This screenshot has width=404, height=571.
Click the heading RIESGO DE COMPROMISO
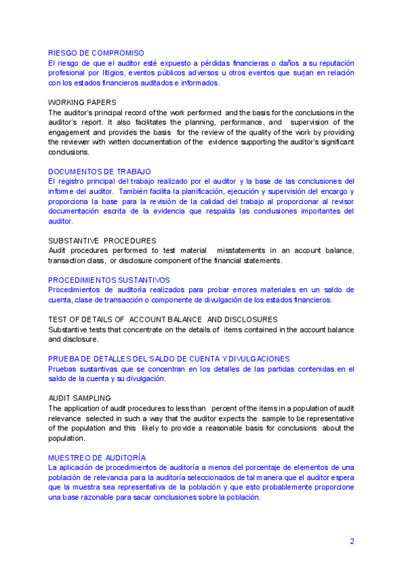click(x=96, y=53)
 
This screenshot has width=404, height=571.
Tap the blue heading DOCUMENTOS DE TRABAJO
click(x=100, y=172)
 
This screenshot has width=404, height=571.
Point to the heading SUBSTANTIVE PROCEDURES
click(x=102, y=240)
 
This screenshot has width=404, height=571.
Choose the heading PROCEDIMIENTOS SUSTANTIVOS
click(x=109, y=279)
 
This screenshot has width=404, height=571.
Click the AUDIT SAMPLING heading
click(x=79, y=398)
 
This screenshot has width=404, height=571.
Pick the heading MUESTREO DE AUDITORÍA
click(x=97, y=457)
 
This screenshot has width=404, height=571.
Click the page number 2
click(x=351, y=541)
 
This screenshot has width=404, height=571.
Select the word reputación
click(x=334, y=63)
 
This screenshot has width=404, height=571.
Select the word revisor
click(x=342, y=201)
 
